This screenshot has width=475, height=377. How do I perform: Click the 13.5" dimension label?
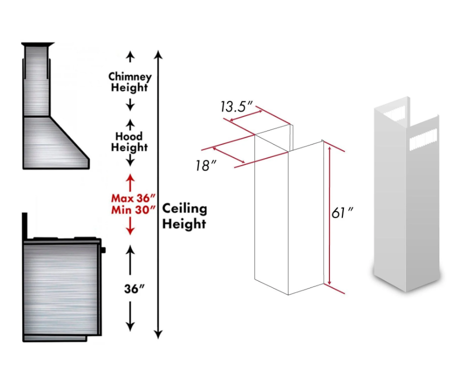[236, 107]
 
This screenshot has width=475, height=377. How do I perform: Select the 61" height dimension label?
[342, 213]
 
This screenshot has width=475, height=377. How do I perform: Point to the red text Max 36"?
[129, 197]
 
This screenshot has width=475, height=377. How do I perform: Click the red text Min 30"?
[129, 209]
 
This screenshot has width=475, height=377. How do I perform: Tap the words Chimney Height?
[129, 81]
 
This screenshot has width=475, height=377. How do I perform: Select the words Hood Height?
[129, 142]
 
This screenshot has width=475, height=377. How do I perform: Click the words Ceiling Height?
[184, 215]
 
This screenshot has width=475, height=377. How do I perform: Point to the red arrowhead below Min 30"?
[129, 231]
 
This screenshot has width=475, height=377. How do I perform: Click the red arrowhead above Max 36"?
[129, 177]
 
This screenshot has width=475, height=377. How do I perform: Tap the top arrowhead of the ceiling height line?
[158, 54]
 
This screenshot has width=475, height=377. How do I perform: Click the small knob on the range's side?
[103, 249]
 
